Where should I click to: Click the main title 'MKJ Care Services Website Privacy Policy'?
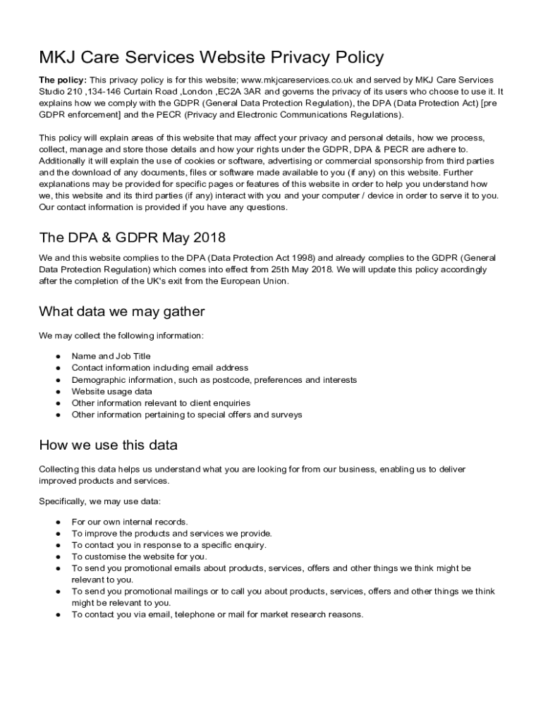tap(212, 57)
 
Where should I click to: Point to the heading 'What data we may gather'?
tap(121, 311)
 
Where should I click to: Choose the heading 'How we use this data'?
tap(108, 445)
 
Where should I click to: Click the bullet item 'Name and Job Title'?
tap(111, 356)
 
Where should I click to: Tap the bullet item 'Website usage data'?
tap(111, 391)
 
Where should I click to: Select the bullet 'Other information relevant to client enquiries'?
tap(161, 403)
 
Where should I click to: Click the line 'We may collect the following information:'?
tap(121, 335)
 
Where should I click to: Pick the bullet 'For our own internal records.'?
tap(130, 522)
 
